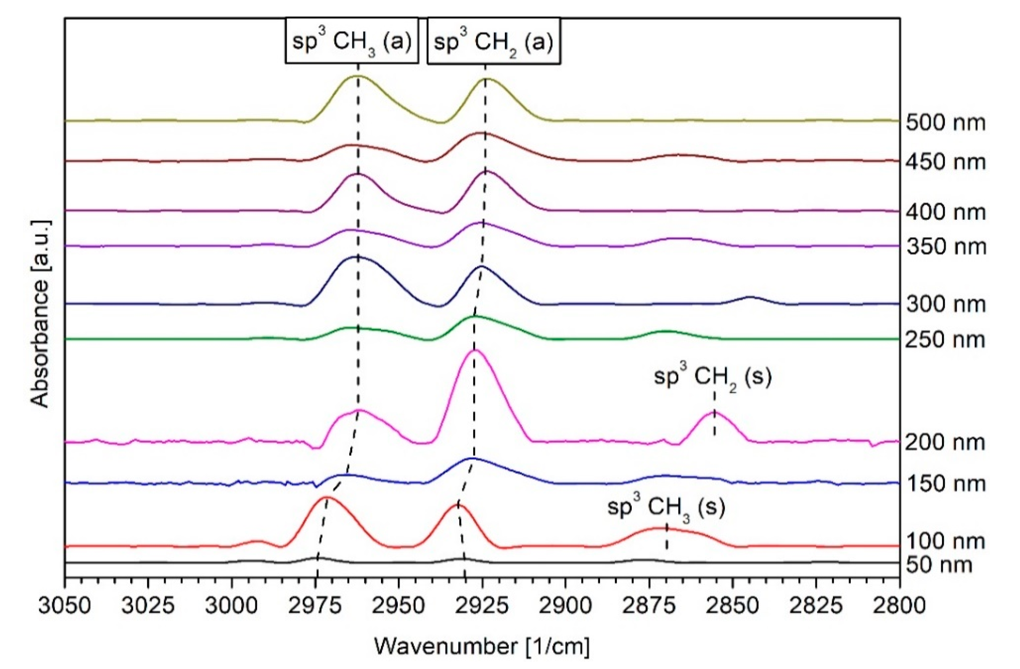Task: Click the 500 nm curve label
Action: click(945, 123)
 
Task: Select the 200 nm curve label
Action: click(945, 442)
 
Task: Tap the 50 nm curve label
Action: click(939, 565)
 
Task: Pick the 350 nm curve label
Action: click(945, 247)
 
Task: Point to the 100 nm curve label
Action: click(945, 542)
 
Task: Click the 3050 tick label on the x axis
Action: click(65, 606)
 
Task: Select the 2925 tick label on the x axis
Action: click(483, 606)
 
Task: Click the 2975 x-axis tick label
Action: click(316, 606)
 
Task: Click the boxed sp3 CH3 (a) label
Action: click(352, 41)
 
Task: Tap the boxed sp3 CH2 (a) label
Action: click(494, 41)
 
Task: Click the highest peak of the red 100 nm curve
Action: click(327, 498)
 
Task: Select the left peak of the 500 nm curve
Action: click(357, 76)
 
